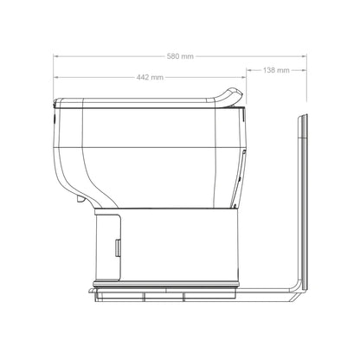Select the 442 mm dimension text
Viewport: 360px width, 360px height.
point(150,77)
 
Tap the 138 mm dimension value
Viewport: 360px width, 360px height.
point(277,69)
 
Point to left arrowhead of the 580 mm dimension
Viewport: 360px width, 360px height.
point(56,57)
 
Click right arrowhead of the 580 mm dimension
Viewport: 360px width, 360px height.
point(304,57)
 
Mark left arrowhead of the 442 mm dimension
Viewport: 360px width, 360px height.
point(56,77)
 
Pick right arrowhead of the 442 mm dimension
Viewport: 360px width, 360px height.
point(244,77)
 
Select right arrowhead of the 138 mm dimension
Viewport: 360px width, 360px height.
point(304,69)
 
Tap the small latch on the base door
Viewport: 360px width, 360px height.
point(116,248)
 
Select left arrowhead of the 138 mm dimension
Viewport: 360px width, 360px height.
point(247,69)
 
